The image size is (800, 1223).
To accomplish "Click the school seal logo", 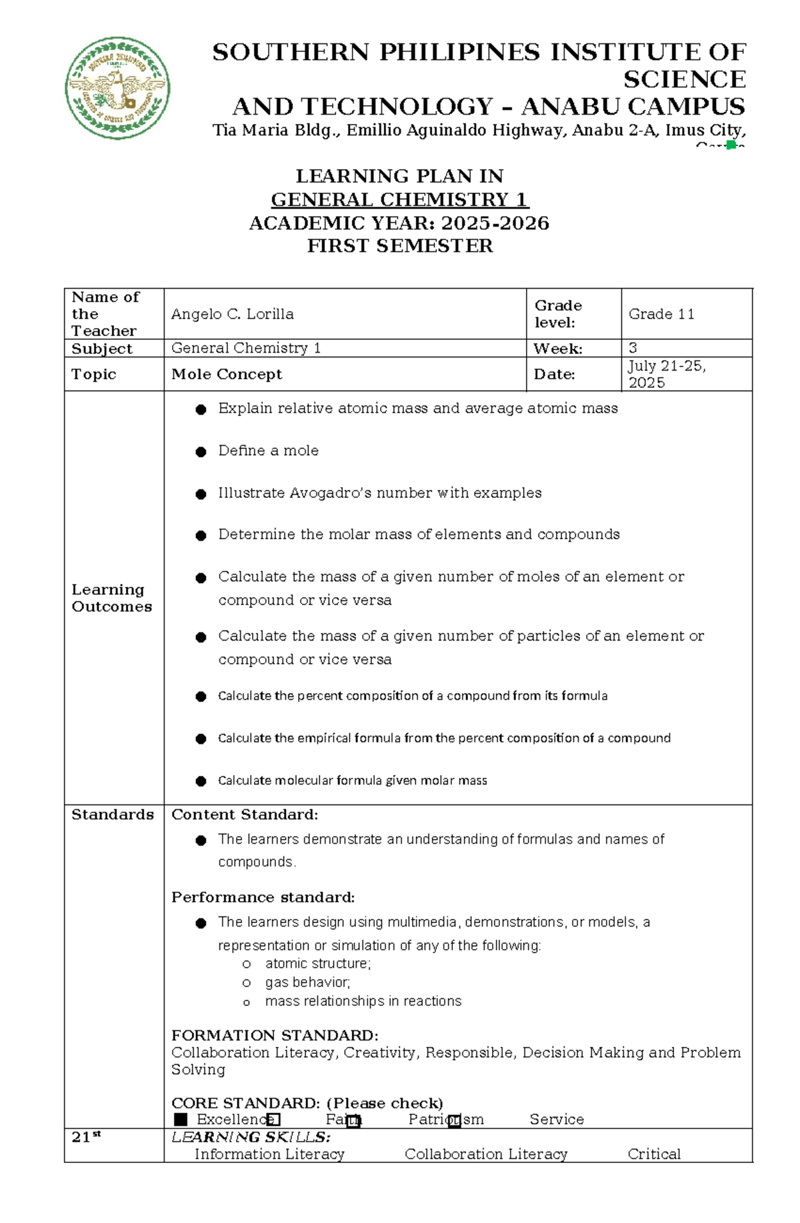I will coord(117,88).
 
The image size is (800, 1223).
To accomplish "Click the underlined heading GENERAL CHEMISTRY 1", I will coord(399,199).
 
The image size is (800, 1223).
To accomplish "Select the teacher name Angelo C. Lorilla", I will coord(232,314).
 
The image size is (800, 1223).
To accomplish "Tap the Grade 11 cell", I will coord(661,314).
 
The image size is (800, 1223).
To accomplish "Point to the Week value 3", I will coord(633,348).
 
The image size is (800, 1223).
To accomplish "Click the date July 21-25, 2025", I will coord(665,374).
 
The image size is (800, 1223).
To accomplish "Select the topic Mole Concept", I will coord(227,375).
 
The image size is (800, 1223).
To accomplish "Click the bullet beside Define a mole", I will coord(201,452).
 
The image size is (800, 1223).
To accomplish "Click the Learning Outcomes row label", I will coord(111,598).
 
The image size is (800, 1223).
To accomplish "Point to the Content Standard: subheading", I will coord(245,814).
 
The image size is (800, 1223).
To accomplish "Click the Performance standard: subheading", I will coord(263,897).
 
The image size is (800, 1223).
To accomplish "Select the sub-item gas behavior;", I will coord(307,982).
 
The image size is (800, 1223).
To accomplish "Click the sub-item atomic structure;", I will coord(317,964).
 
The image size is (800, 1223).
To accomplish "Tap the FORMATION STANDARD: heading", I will coord(275,1035).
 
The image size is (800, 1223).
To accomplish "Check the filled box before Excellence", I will coord(181,1119).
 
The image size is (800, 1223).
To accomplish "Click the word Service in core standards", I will coord(557,1119).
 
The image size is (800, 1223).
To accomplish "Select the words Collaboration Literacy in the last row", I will coord(485,1154).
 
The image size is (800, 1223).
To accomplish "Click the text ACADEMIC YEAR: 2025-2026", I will coord(399,223).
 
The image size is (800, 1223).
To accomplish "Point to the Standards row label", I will coord(112,814).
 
